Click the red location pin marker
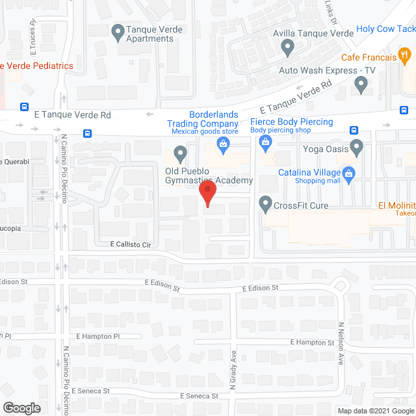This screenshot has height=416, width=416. (x=207, y=194)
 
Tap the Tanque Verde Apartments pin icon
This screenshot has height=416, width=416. (x=118, y=31)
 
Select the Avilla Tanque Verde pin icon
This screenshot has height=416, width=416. (x=287, y=47)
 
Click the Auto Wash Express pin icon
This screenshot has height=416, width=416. (x=361, y=83)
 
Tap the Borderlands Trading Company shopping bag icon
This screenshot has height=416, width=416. (x=222, y=148)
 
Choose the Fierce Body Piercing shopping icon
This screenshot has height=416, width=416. (x=265, y=148)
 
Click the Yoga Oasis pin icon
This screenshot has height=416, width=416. (x=357, y=148)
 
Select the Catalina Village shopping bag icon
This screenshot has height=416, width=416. (x=349, y=173)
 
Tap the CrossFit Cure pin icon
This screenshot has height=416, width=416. (x=265, y=205)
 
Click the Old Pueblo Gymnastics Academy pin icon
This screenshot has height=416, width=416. (x=180, y=154)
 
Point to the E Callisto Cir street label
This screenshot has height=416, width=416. (x=130, y=244)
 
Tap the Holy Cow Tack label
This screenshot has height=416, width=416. (x=386, y=29)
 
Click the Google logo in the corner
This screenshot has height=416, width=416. (x=21, y=408)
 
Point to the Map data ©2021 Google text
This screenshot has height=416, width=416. (x=375, y=411)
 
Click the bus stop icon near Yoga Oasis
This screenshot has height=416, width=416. (x=354, y=130)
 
